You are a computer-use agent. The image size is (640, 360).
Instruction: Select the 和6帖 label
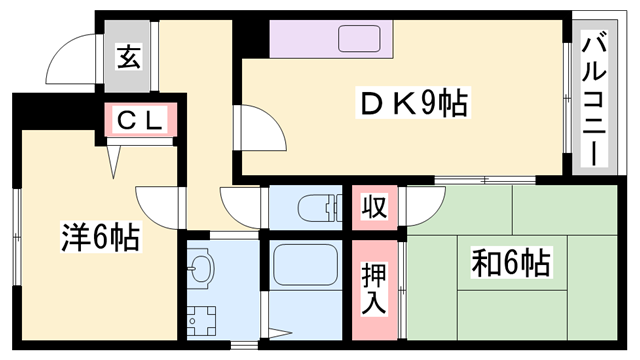tap(509, 264)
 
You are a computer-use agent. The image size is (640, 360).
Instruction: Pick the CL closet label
tap(142, 121)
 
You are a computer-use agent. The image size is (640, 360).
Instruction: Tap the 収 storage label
tap(373, 208)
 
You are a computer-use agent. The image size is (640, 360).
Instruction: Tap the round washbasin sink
tap(203, 269)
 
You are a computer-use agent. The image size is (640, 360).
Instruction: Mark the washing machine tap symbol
tap(205, 318)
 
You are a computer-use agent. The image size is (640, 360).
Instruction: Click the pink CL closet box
tap(142, 121)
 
